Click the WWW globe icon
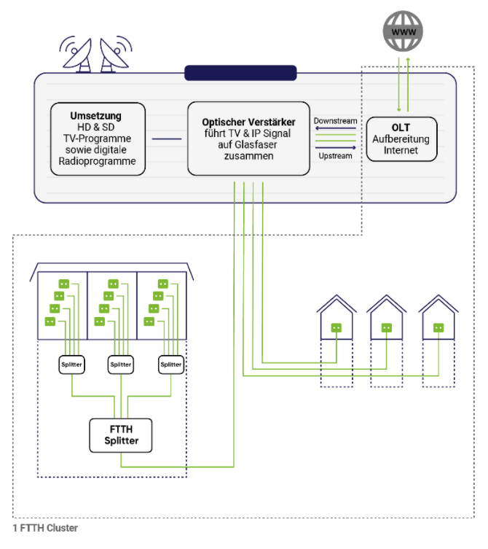403,31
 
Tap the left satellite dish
77,55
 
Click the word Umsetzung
96,116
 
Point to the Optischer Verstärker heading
248,122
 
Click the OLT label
401,128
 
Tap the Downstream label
336,121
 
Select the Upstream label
336,156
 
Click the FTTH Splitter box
121,435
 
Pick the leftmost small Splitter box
71,365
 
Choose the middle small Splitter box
121,365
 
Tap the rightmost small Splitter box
171,365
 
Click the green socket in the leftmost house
337,327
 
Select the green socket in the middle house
387,327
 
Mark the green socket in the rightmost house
438,327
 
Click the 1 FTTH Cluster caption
45,528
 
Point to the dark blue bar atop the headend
240,73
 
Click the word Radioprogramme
98,161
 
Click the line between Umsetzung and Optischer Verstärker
167,139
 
